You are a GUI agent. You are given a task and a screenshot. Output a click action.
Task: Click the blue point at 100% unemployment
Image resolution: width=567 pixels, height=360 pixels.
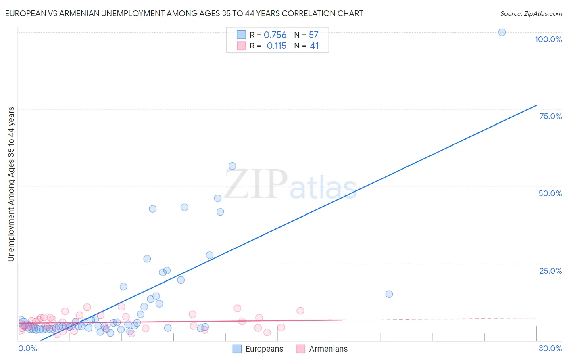(502, 32)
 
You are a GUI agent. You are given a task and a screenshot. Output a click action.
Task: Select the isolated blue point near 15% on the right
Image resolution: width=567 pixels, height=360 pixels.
(389, 294)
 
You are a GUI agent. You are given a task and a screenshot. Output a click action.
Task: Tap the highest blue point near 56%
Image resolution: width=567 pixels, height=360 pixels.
(232, 166)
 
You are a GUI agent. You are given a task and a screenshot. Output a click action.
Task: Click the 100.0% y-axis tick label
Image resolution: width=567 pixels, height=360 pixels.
(548, 39)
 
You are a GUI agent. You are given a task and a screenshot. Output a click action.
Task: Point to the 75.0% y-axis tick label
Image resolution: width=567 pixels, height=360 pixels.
(550, 116)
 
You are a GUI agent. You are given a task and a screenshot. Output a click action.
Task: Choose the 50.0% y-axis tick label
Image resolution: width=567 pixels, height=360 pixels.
(550, 193)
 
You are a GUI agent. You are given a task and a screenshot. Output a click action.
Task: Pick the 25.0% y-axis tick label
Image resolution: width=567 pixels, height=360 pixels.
(550, 271)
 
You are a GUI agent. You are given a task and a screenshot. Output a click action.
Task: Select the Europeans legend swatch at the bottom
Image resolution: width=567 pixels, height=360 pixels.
(237, 349)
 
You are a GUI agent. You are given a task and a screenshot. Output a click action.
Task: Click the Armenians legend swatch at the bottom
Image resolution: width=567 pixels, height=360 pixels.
(300, 349)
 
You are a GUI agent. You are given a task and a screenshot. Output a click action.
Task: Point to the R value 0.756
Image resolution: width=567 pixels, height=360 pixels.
(275, 35)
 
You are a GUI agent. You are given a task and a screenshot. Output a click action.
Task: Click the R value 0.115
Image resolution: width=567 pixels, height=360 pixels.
(276, 46)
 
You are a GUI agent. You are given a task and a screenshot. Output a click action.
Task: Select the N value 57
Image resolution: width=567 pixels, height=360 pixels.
(313, 35)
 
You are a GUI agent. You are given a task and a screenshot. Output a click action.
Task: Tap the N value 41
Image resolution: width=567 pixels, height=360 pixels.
(314, 46)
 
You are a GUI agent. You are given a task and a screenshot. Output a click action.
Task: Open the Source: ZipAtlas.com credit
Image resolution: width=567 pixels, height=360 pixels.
(531, 14)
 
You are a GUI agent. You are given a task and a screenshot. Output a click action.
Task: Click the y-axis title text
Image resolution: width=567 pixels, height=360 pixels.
(11, 184)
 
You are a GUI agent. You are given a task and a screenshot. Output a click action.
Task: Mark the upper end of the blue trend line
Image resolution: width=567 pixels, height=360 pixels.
(536, 105)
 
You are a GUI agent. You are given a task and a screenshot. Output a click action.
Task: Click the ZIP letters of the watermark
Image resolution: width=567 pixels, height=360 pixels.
(256, 184)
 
